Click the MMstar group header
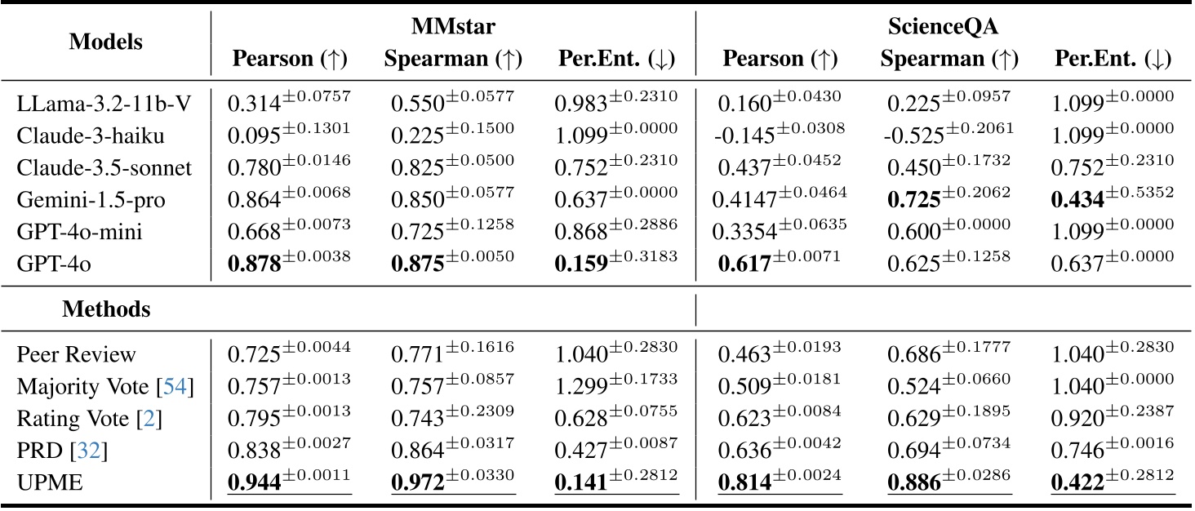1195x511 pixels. (x=453, y=28)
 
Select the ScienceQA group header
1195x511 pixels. (x=945, y=28)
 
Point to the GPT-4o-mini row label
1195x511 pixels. (x=80, y=232)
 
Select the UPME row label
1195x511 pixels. (x=45, y=484)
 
